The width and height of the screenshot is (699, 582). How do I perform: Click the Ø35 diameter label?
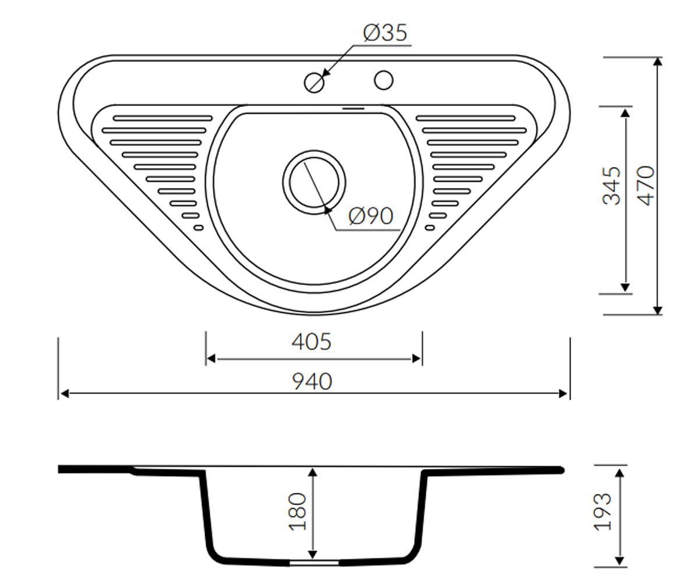coord(385,33)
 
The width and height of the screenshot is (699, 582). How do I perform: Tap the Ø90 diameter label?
coord(370,216)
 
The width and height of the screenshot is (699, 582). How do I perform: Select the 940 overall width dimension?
coord(312,382)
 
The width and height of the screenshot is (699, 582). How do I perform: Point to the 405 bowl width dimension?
coord(311,342)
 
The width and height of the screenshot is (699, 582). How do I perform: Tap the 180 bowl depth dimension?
coord(297,512)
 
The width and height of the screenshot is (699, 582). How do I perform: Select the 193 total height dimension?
coord(602,512)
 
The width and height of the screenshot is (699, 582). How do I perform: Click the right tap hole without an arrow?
coord(383,80)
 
